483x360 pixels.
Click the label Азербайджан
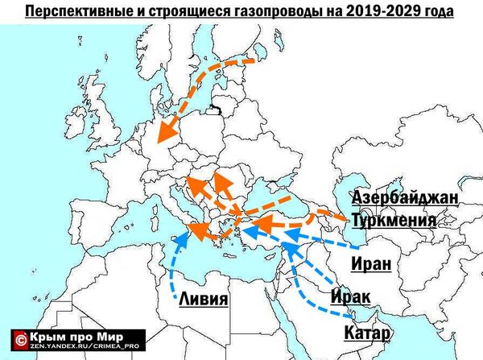tap(405, 198)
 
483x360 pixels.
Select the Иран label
tap(372, 262)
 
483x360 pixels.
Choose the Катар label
tap(367, 332)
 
